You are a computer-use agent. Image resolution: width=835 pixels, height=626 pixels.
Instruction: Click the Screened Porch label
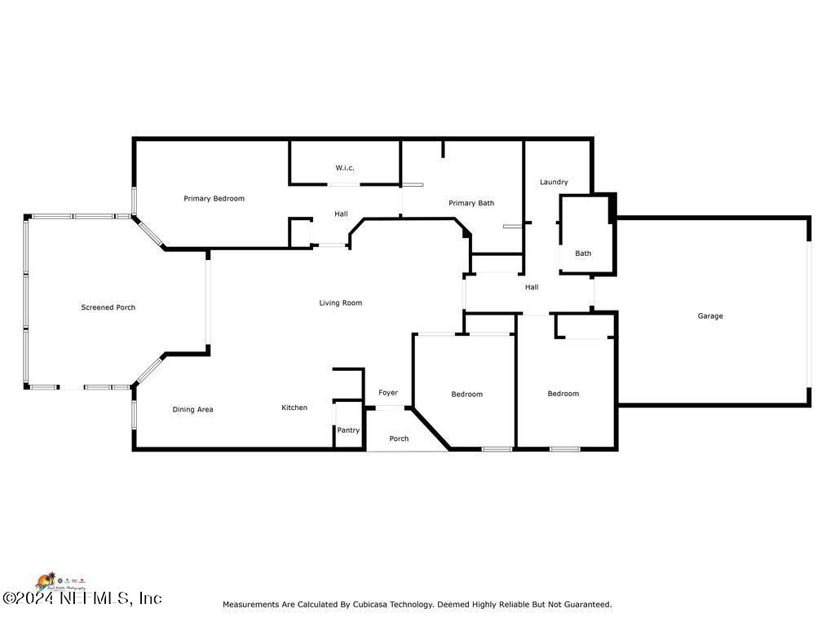coord(108,307)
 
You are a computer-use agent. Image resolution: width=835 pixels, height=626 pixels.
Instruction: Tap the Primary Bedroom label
coord(214,199)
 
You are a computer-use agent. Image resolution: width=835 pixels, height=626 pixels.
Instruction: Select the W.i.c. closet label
coord(345,168)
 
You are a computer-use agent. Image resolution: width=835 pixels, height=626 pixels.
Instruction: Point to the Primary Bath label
coord(471,203)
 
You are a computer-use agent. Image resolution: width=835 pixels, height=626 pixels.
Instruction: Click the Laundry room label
coord(554,182)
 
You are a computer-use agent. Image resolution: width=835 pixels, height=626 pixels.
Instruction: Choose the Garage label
coord(709,316)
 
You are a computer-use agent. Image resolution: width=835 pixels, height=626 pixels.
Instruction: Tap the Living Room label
coord(340,303)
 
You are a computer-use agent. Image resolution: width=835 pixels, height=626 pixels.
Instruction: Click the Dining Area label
coord(192,409)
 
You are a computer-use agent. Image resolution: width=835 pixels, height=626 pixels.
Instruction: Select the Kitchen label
coord(294,408)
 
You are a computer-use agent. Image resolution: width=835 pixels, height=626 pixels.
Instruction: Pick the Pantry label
coord(348,430)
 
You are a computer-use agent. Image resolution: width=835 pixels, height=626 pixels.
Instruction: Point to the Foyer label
coord(388,393)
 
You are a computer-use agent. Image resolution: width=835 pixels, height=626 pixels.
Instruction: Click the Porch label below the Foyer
coord(399,439)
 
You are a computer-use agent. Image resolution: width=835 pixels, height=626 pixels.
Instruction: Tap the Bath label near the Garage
coord(583,253)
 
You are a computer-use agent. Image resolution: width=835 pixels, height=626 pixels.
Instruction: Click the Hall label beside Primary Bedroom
coord(341,214)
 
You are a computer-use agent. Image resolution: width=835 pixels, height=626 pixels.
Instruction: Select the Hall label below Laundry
coord(532,287)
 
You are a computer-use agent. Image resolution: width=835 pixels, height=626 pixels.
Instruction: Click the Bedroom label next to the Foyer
coord(467,395)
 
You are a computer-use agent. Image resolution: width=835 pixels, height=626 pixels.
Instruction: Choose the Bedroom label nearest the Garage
coord(563,394)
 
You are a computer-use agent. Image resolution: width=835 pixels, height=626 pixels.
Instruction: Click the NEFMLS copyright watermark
coord(82,598)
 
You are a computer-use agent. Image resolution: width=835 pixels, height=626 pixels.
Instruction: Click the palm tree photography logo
coord(49,580)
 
